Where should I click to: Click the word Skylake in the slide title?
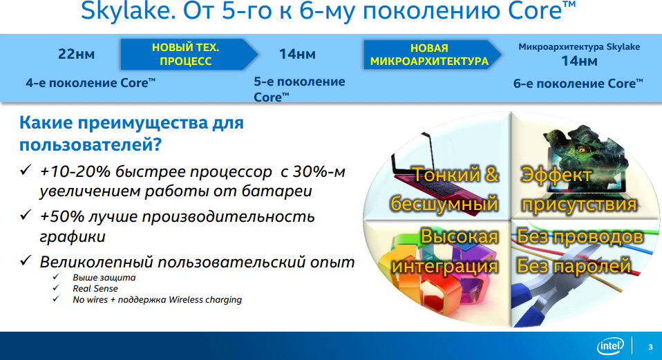128,11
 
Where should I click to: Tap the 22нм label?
77,54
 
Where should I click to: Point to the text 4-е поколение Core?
91,83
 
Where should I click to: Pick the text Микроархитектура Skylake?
579,47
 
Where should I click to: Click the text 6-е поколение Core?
578,84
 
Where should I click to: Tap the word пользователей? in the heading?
91,144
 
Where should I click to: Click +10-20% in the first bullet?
75,172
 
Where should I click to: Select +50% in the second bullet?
62,216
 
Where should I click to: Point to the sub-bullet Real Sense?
95,289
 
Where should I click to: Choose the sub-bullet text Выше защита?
104,278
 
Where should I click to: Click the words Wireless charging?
205,300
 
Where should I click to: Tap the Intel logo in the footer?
610,346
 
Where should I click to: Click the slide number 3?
650,347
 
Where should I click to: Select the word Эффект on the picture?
556,175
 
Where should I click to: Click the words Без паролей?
574,266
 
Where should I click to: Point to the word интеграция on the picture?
444,266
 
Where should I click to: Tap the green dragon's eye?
584,149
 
